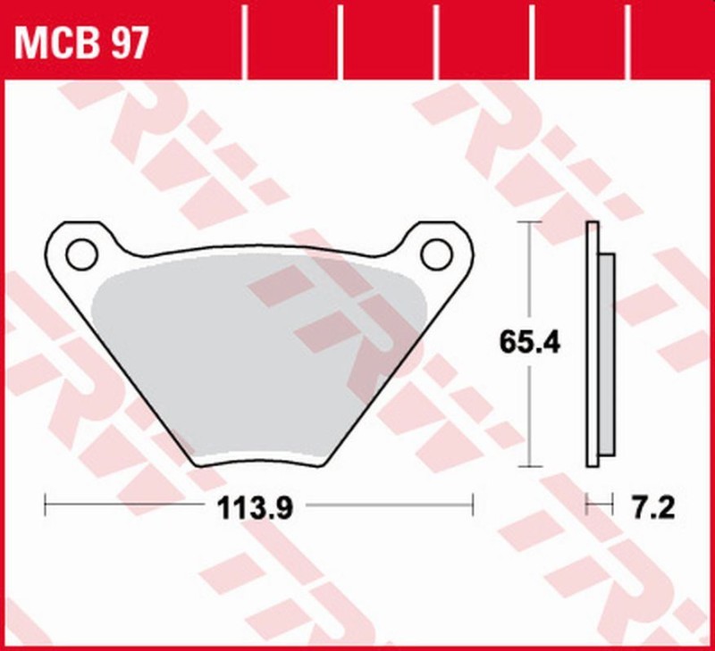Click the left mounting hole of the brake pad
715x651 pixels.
click(x=81, y=254)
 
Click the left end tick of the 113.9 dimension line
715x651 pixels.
click(x=46, y=506)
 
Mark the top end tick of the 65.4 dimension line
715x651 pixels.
click(x=531, y=222)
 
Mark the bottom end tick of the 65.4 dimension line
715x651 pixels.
click(x=531, y=465)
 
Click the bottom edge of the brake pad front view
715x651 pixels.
click(x=259, y=463)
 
